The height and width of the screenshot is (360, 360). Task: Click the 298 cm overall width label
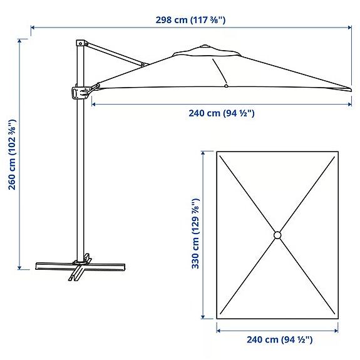point(190,19)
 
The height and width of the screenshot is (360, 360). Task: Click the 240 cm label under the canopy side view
point(221,113)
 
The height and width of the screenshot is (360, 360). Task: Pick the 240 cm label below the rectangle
point(279,339)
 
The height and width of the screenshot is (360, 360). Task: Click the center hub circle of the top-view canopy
point(277,235)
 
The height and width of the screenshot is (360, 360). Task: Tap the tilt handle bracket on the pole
point(79,93)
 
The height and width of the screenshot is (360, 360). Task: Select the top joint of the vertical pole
point(80,43)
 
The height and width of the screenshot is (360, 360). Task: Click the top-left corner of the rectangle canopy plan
point(218,153)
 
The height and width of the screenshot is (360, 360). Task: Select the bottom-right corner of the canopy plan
point(337,317)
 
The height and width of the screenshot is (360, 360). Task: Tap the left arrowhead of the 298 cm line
point(32,28)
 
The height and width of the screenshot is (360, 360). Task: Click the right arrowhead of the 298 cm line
point(350,28)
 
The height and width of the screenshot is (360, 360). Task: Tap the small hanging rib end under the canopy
point(225,85)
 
